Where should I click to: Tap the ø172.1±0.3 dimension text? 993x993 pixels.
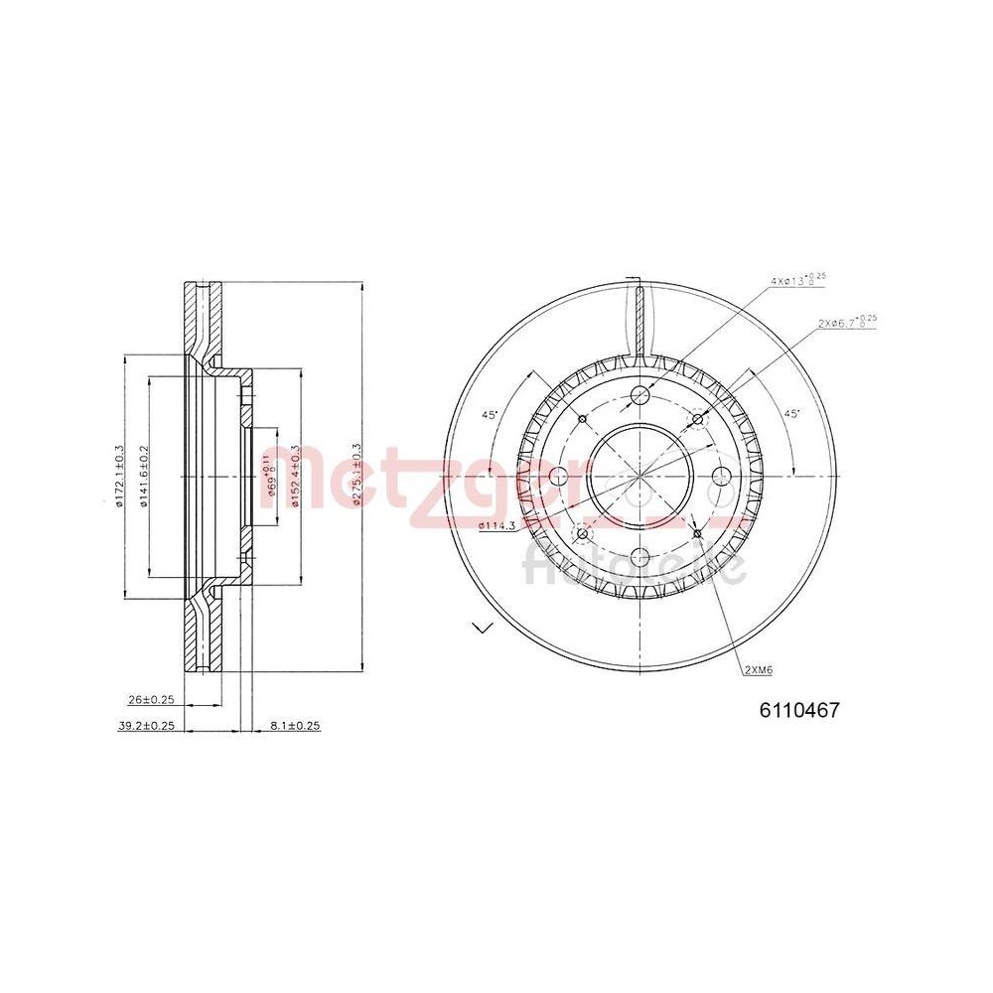118,477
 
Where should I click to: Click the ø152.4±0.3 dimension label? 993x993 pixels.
296,477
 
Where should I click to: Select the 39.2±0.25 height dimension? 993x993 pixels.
146,726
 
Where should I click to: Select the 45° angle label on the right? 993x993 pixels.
791,412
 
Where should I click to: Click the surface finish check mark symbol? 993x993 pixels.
484,627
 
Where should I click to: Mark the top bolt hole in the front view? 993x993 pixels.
639,397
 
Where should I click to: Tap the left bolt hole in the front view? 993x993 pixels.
560,476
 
